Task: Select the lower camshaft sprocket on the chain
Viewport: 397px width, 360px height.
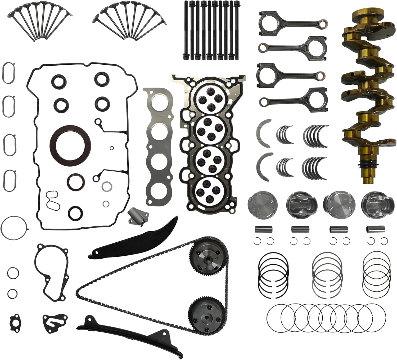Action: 205,313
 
